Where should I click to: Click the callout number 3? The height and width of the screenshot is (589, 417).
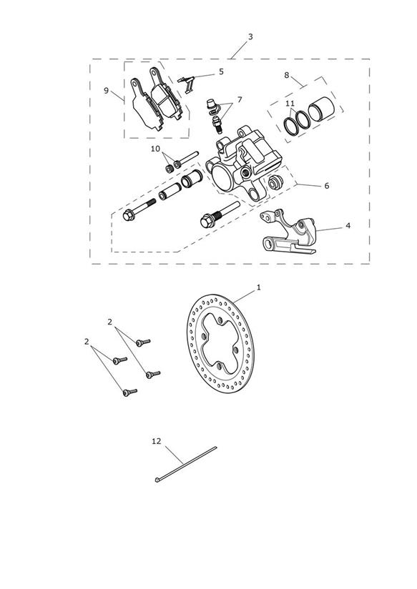pyautogui.click(x=250, y=37)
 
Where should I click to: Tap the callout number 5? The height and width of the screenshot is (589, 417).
pyautogui.click(x=221, y=71)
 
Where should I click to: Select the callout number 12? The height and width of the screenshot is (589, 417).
pyautogui.click(x=157, y=441)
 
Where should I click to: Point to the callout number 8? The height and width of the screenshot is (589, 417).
pyautogui.click(x=287, y=75)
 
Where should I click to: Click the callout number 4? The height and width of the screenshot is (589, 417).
pyautogui.click(x=348, y=226)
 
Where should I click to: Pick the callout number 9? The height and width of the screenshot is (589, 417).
pyautogui.click(x=106, y=91)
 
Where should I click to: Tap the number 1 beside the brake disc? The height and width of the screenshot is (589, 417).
pyautogui.click(x=259, y=287)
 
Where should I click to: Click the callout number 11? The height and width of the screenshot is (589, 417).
pyautogui.click(x=290, y=104)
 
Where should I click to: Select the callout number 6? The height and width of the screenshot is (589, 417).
pyautogui.click(x=326, y=186)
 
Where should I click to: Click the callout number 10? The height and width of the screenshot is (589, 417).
pyautogui.click(x=155, y=149)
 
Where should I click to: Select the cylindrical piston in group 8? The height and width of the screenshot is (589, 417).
pyautogui.click(x=320, y=109)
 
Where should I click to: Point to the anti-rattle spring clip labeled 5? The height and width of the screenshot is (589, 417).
pyautogui.click(x=187, y=84)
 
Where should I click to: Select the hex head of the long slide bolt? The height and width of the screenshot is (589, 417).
pyautogui.click(x=129, y=216)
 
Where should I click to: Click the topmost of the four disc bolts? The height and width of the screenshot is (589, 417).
pyautogui.click(x=143, y=342)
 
